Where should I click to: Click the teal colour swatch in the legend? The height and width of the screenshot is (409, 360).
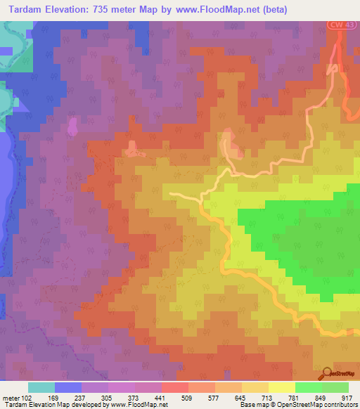(41, 387)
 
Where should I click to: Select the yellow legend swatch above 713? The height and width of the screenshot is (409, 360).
(255, 387)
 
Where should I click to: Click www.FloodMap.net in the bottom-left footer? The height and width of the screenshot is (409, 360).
(134, 405)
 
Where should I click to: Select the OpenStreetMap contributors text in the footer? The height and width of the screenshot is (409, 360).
(314, 405)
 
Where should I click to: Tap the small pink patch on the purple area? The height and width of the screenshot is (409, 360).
(71, 128)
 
